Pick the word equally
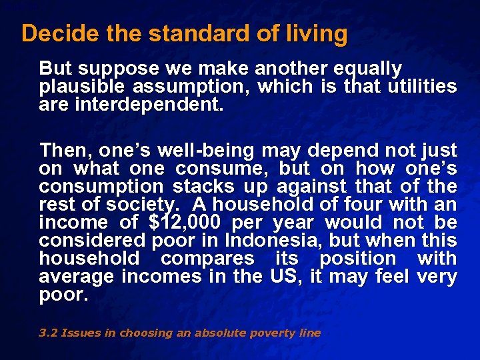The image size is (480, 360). [369, 69]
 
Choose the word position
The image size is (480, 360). [357, 259]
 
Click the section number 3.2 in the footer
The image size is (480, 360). [47, 333]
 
